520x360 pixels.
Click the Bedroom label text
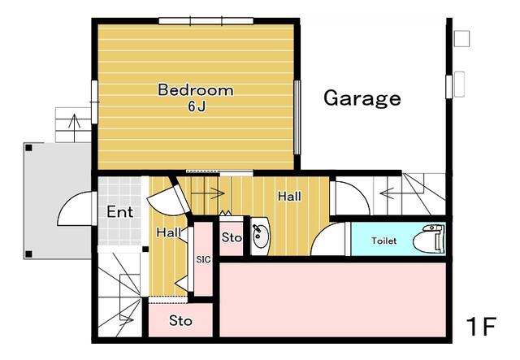196,90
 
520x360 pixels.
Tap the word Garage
362,98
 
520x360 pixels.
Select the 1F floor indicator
481,327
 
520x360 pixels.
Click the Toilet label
383,241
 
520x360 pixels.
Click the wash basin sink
260,236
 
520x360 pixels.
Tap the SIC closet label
203,259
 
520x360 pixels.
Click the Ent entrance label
120,212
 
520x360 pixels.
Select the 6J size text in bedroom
197,106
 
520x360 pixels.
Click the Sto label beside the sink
232,237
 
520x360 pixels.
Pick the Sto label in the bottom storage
180,321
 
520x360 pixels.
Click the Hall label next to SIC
169,232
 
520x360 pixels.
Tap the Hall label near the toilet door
289,197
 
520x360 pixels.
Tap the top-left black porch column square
29,148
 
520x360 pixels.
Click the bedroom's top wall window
206,21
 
